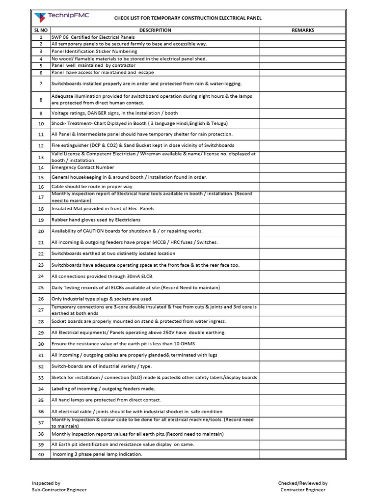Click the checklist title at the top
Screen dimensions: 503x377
point(188,18)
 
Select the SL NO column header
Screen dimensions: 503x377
point(41,30)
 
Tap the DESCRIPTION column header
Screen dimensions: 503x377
point(155,30)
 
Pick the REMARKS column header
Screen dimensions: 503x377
point(303,30)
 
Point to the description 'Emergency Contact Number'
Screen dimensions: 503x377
point(83,168)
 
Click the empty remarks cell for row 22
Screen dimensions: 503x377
point(303,253)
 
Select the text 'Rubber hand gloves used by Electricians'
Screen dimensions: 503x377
point(96,220)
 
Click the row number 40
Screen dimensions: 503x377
point(41,454)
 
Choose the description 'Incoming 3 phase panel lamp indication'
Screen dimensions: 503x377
point(97,454)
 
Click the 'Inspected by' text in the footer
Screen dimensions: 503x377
point(46,483)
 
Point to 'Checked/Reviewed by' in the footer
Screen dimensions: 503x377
point(303,483)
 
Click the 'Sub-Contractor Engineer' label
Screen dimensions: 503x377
point(59,490)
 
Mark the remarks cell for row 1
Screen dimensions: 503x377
point(303,37)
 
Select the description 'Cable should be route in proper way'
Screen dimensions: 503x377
point(91,187)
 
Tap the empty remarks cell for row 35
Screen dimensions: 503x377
point(303,400)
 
